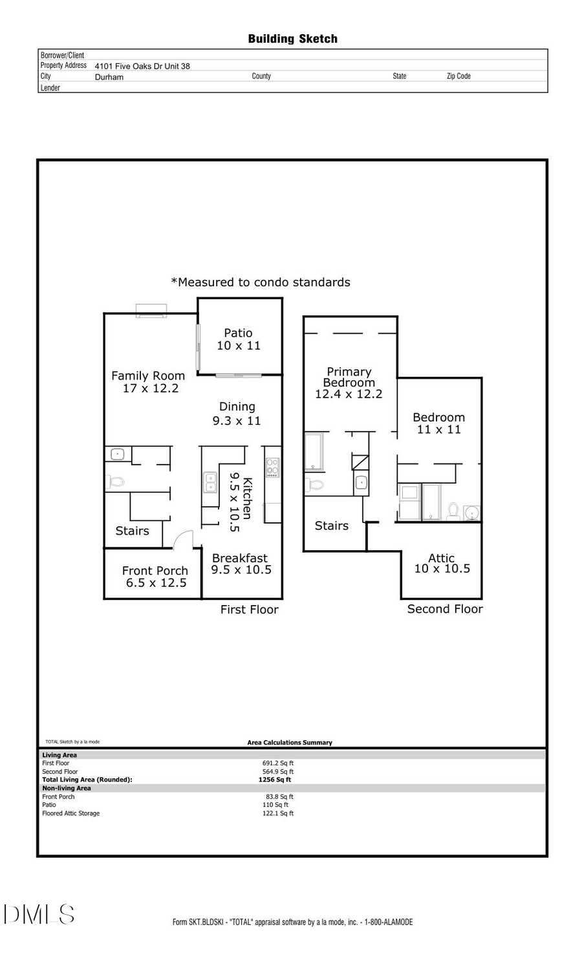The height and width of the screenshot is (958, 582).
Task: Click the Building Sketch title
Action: [x=292, y=39]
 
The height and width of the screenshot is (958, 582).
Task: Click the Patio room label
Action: [x=239, y=339]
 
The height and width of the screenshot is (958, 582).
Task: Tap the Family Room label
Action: [x=149, y=381]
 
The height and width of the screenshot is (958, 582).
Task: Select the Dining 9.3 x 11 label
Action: [x=237, y=414]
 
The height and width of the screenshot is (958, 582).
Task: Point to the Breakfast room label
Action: [x=241, y=564]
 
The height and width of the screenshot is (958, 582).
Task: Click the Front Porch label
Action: [x=155, y=577]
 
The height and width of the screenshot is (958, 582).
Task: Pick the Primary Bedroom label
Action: [x=349, y=383]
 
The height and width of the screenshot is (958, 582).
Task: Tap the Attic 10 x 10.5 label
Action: [x=442, y=563]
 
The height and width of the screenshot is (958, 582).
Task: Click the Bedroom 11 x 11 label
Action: [x=438, y=423]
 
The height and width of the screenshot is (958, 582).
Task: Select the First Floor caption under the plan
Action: [x=249, y=610]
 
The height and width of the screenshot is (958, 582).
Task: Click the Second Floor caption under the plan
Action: [x=445, y=609]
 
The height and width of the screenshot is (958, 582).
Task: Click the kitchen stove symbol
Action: [x=273, y=467]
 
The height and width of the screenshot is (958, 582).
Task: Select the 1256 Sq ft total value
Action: [x=275, y=780]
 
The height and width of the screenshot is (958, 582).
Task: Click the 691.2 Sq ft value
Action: [x=278, y=763]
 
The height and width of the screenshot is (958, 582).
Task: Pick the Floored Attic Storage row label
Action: [x=71, y=813]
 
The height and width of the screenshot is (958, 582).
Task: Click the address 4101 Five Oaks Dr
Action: [x=142, y=66]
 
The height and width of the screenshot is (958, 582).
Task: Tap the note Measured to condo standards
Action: [x=261, y=282]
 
